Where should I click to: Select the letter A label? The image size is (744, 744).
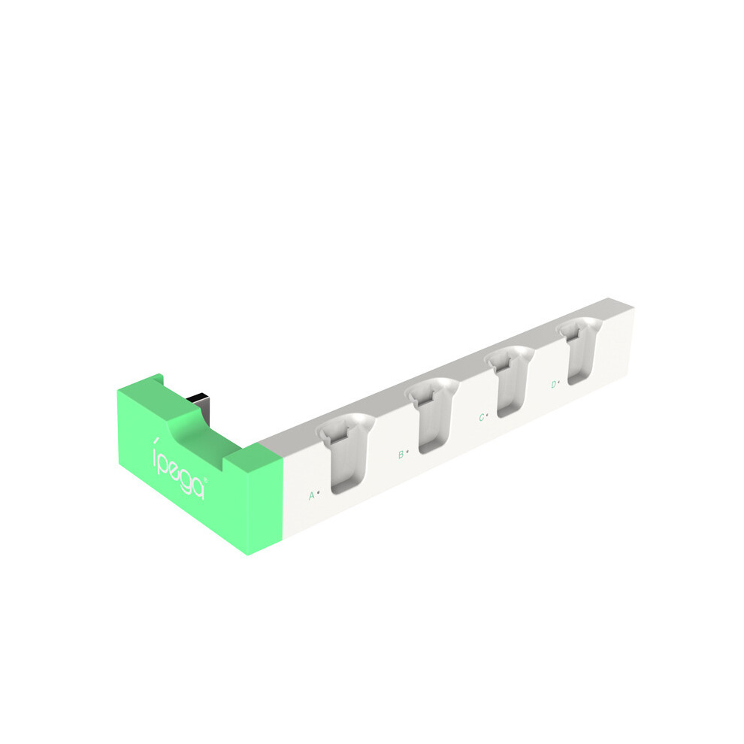coord(312,496)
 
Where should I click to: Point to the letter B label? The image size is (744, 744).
coord(401,455)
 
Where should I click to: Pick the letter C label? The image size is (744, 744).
coord(482,418)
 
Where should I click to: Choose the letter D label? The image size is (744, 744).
coord(554,384)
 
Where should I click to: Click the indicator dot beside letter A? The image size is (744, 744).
coord(318,492)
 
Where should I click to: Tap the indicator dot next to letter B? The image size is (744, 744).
coord(407,451)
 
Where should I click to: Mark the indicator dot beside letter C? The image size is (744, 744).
coord(487,415)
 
